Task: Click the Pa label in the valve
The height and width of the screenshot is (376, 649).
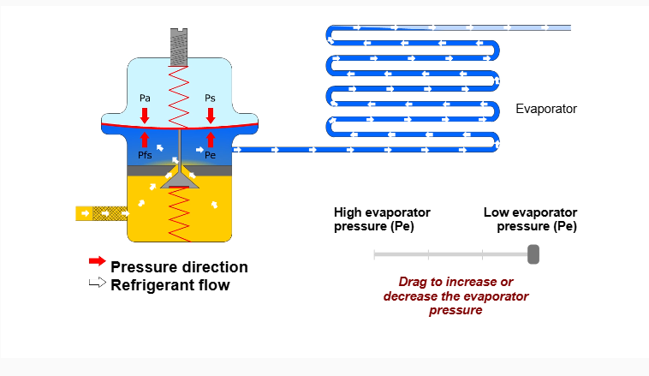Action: click(x=145, y=98)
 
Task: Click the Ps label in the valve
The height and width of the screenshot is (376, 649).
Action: click(x=210, y=98)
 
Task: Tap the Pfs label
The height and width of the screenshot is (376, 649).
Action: click(x=145, y=156)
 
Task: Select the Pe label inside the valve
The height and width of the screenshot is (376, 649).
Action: click(x=210, y=156)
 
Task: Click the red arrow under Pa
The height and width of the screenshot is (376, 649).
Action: click(x=145, y=114)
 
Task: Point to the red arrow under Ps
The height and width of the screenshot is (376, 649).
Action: click(x=210, y=114)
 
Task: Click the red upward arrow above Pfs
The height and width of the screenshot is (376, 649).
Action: click(x=145, y=140)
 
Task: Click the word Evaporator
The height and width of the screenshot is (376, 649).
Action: click(x=546, y=109)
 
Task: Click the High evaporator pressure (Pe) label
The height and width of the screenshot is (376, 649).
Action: click(x=382, y=219)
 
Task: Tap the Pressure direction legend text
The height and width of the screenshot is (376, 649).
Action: click(x=179, y=267)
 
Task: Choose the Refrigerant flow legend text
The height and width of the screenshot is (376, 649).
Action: click(x=170, y=285)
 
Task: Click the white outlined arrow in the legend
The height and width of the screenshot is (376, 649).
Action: click(x=97, y=283)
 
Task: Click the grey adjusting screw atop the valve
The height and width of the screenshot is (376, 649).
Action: click(x=179, y=47)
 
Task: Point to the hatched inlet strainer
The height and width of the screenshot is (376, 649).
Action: click(x=108, y=212)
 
